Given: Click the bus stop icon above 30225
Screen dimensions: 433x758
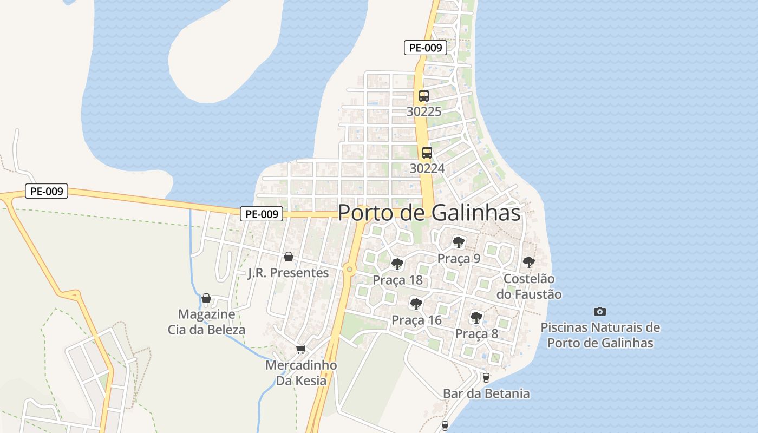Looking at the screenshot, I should point(423,96).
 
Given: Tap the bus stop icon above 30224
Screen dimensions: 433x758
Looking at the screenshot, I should point(427,153).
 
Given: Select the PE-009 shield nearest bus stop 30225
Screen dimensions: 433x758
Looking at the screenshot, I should point(426,48).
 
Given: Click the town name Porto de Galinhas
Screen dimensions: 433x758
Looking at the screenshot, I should point(429,213).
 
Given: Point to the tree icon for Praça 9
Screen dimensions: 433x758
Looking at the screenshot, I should point(459,242).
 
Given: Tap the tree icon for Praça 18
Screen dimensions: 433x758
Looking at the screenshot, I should point(397,264).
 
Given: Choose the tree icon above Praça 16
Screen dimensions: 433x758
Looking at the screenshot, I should point(416,304).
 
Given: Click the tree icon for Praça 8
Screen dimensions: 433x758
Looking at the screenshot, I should point(476,317).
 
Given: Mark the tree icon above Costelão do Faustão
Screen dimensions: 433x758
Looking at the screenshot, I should point(528,263).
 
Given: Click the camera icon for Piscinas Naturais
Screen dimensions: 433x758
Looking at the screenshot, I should point(599,311).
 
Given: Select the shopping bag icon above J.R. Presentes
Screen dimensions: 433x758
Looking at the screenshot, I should point(289,257).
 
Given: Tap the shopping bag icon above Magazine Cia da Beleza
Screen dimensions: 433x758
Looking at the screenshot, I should point(206,298).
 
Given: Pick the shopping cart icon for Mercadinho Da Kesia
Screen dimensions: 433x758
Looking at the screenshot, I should point(301,350).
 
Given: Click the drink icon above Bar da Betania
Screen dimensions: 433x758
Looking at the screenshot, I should point(486,377).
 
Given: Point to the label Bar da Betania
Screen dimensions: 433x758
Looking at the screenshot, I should point(486,393).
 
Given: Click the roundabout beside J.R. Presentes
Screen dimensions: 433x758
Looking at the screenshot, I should point(349,269).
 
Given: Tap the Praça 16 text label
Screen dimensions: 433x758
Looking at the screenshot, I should point(416,320).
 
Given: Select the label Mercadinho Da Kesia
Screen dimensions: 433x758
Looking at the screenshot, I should point(301,373).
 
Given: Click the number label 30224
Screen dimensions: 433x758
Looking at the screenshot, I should point(427,168).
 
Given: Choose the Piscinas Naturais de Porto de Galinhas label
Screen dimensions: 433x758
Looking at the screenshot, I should point(600,335).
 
